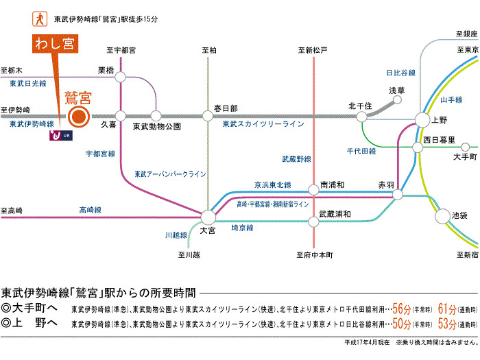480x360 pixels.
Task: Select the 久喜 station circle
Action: (x=121, y=116)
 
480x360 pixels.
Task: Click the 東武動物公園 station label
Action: (x=156, y=127)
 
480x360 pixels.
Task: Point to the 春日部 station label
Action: (x=226, y=108)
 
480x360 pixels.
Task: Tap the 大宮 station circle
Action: (x=208, y=217)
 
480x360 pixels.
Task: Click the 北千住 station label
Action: (x=359, y=106)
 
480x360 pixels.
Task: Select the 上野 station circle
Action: (x=422, y=120)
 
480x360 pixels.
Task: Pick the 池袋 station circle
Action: (x=442, y=217)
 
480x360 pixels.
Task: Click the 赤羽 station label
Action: (x=387, y=185)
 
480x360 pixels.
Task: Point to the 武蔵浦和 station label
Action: (x=335, y=215)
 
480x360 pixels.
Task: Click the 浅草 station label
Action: (x=397, y=91)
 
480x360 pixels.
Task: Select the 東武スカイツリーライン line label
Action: (x=263, y=124)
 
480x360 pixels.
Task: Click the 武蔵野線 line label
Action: (x=296, y=159)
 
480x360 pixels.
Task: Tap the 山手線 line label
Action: (x=452, y=99)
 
